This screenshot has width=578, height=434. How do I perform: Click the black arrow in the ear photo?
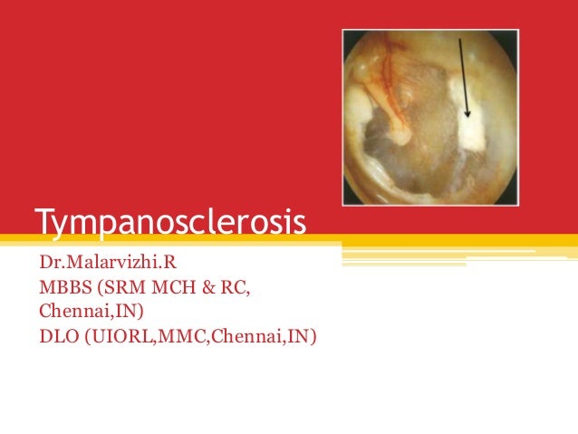(462, 77)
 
